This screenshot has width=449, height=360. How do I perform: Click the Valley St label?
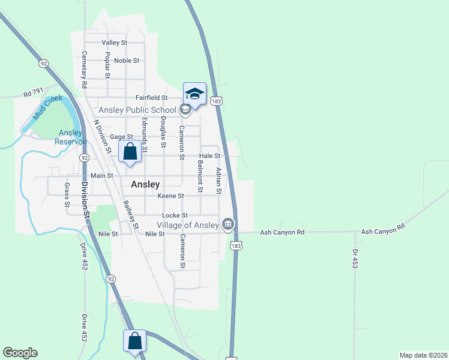(115, 43)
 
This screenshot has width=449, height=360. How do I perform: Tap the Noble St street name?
(126, 61)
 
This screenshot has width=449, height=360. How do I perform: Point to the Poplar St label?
(107, 65)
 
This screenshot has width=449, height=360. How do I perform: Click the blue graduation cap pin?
(194, 94)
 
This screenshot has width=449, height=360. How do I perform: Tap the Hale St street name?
(210, 155)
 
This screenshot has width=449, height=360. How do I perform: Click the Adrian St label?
(219, 181)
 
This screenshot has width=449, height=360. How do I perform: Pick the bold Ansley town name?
(144, 185)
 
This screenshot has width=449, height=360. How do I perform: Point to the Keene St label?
(170, 196)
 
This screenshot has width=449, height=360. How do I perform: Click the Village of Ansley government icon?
(228, 225)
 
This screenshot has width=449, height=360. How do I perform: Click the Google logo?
(20, 353)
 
